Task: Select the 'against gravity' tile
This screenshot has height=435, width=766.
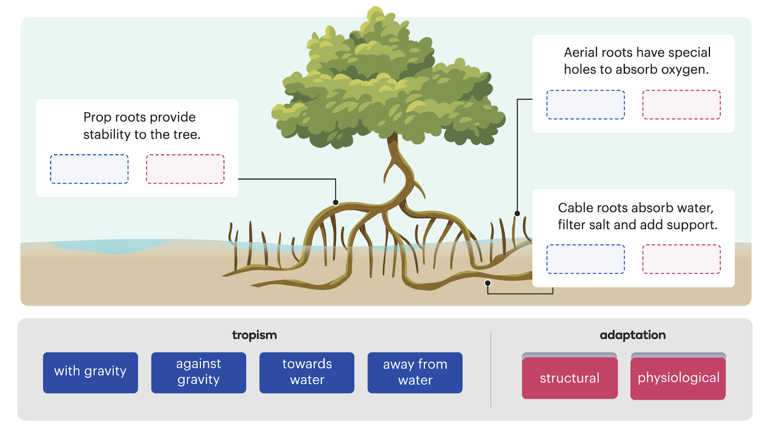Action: click(x=198, y=372)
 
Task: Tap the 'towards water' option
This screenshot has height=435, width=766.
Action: click(x=306, y=372)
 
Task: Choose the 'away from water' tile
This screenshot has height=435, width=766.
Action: click(x=415, y=372)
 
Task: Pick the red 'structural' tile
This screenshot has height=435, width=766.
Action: click(x=569, y=378)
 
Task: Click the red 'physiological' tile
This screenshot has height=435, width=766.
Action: click(x=678, y=378)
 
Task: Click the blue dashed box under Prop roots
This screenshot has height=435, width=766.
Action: click(x=90, y=169)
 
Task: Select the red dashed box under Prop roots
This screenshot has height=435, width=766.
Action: click(x=185, y=169)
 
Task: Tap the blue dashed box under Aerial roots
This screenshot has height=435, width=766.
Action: click(x=586, y=104)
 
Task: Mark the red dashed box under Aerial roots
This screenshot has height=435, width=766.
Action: click(x=681, y=104)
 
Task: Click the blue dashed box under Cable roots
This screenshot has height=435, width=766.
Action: click(x=586, y=259)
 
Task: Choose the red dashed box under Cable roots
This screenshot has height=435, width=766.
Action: click(x=681, y=259)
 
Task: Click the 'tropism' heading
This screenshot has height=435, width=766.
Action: click(x=254, y=335)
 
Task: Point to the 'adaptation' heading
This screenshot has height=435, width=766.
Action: click(x=632, y=335)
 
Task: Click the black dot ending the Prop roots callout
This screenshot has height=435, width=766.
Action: click(x=336, y=202)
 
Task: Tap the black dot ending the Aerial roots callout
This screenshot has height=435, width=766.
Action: click(x=517, y=213)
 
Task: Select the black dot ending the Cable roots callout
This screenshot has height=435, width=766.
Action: click(x=488, y=283)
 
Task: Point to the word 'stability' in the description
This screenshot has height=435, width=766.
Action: click(x=107, y=135)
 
